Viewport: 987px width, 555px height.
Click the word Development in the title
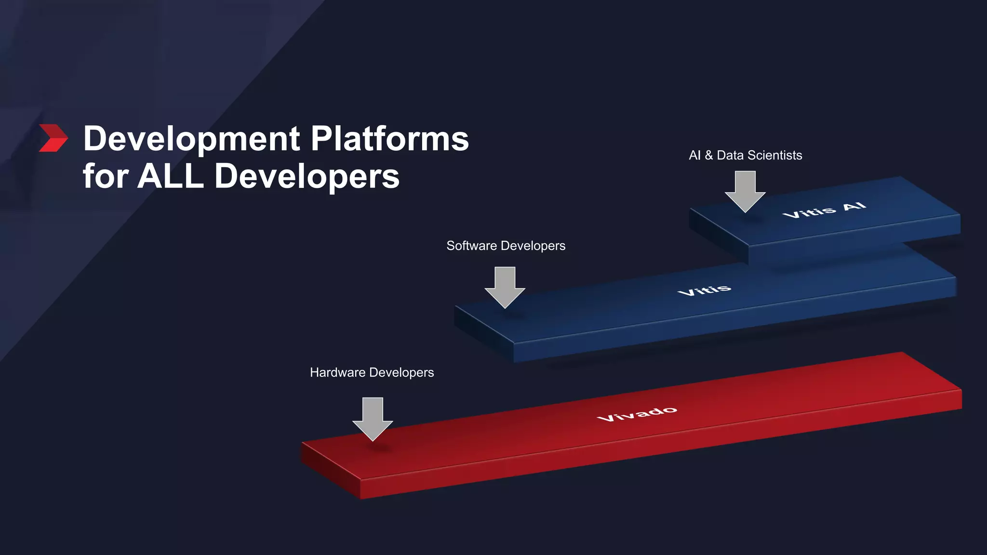[192, 139]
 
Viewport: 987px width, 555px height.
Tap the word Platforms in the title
[389, 139]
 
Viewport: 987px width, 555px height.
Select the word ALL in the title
[171, 176]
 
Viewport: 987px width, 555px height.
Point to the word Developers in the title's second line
[307, 177]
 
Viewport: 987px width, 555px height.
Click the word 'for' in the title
[106, 176]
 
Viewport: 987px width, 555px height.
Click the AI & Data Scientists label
[745, 155]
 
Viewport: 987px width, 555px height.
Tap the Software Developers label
[506, 246]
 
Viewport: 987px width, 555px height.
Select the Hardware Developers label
[372, 372]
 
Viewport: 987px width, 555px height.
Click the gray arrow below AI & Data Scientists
[745, 191]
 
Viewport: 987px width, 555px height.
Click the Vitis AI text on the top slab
[824, 210]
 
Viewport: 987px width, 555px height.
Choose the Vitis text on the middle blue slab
[704, 290]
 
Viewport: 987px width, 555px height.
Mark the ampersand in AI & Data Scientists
[708, 155]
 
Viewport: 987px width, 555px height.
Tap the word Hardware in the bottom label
[337, 372]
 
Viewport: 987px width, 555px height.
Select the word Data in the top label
[730, 155]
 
